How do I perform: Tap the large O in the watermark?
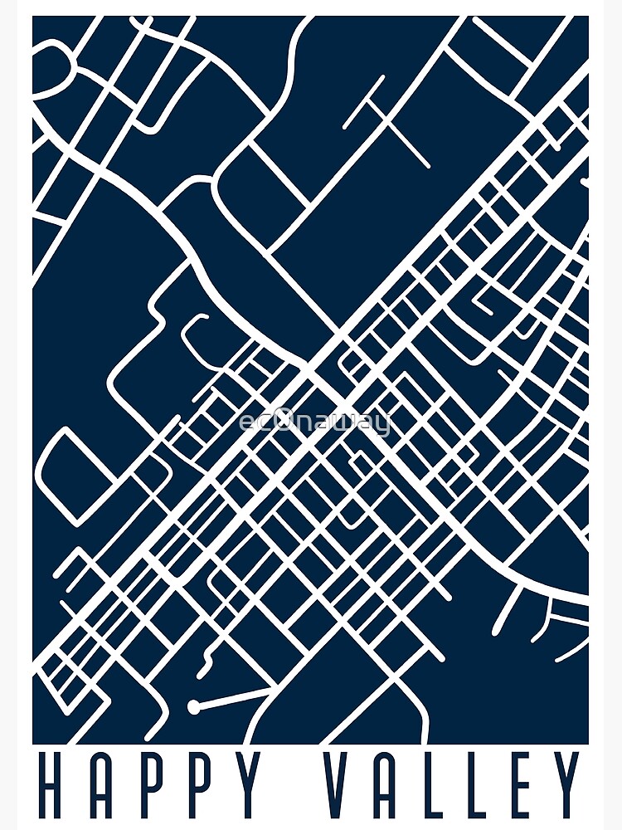[x=283, y=422]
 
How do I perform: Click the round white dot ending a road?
[x=194, y=707]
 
